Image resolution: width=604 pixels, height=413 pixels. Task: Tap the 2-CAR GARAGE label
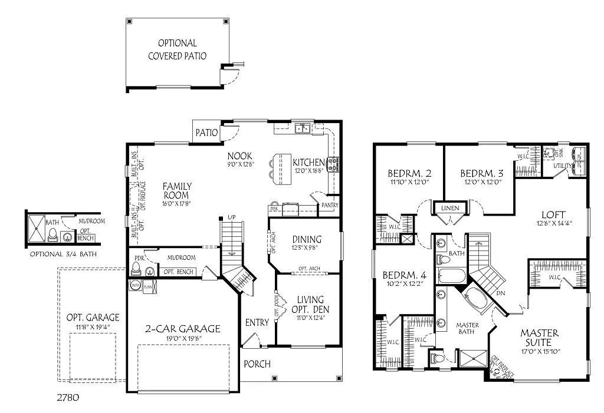pos(183,329)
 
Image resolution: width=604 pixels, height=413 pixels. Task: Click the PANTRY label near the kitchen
pos(329,204)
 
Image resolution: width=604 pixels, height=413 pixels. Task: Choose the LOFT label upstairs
pos(553,214)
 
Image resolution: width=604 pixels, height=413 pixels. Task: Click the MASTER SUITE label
pos(539,338)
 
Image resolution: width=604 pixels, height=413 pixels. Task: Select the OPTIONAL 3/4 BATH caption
pos(63,254)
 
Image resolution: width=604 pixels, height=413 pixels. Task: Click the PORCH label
pos(257,364)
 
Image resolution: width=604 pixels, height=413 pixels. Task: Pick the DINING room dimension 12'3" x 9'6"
pos(307,249)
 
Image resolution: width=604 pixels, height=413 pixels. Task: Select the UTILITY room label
pos(562,166)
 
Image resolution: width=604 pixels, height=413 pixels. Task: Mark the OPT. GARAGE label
pos(93,317)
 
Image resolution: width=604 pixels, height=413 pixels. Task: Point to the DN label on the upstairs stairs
pos(501,292)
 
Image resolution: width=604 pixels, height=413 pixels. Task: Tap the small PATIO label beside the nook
pos(207,133)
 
